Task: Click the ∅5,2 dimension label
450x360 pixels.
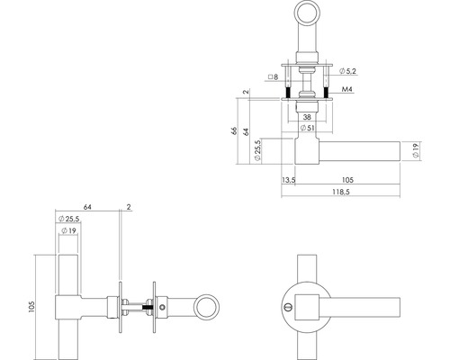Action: (350, 69)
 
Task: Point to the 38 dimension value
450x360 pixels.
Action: (309, 117)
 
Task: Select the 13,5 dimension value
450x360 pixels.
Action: (288, 179)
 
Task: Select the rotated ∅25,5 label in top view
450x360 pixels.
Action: (259, 149)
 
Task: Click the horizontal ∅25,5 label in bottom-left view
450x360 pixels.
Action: (69, 219)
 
